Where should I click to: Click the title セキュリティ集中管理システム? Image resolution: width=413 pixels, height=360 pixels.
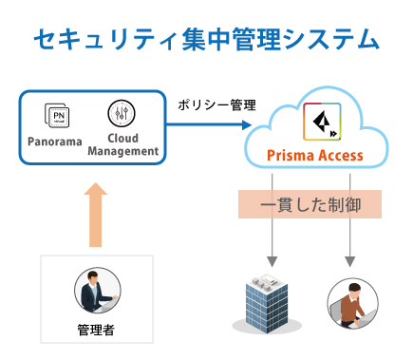tap(206, 38)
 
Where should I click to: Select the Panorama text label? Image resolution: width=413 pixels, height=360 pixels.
tap(54, 141)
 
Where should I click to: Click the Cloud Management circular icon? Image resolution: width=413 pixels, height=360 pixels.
tap(122, 114)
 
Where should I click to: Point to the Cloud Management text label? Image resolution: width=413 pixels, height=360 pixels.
tap(122, 144)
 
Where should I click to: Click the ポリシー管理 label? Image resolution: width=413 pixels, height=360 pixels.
tap(210, 104)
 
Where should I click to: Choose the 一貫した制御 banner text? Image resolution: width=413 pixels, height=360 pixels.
tap(309, 204)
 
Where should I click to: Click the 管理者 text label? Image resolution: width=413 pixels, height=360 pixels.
tap(97, 331)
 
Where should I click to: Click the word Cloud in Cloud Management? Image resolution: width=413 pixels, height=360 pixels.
tap(122, 139)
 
